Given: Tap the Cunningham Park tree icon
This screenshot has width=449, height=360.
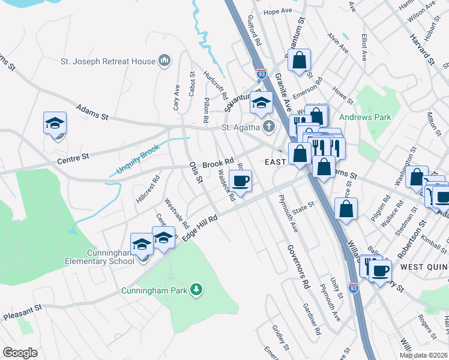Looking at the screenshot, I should pos(196,290).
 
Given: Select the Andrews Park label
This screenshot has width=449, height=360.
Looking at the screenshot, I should pos(364,118).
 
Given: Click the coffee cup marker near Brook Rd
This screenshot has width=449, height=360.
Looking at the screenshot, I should pos(240,181).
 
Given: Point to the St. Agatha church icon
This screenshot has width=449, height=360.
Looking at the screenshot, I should pos(269,127).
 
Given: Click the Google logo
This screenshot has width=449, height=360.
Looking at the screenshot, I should pos(20,353).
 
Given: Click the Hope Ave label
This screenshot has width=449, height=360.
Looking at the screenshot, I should pos(277,11).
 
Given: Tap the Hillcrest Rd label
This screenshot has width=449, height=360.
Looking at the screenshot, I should pos(148,188).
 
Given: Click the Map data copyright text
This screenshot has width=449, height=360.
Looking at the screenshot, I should pos(423,355).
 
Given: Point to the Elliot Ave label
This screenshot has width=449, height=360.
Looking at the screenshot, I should pos(364,46).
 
